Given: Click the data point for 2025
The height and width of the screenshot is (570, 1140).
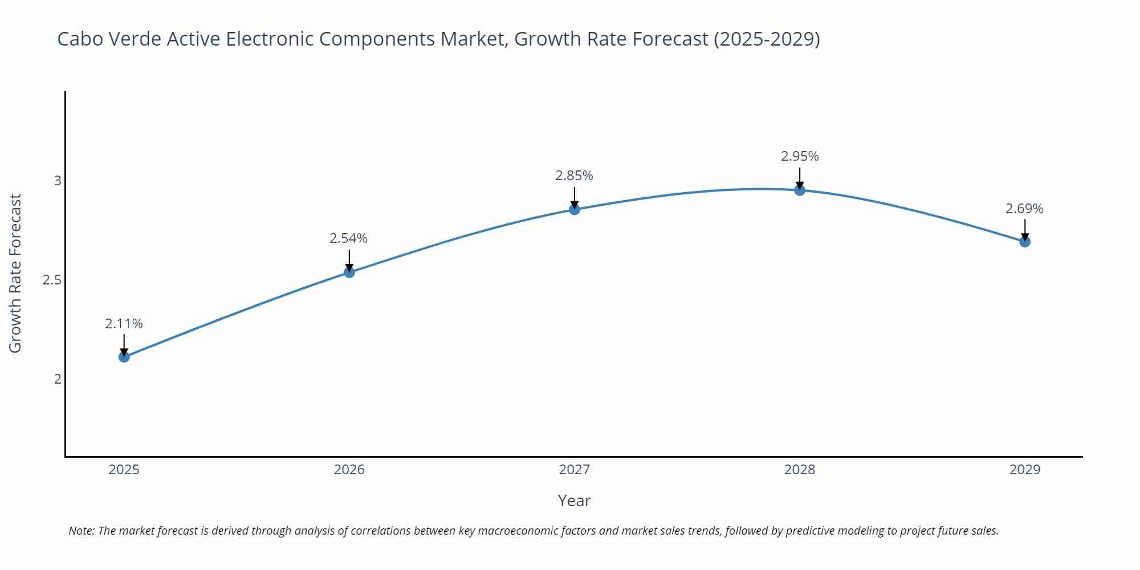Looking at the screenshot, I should point(124,357).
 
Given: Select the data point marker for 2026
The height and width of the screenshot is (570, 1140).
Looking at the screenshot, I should point(349,272).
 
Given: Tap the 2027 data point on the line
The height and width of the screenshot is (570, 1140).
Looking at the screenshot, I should point(575,210).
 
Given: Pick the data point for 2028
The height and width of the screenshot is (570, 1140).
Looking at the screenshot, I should point(800,190).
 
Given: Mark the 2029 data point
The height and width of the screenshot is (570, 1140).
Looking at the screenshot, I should point(1025,242).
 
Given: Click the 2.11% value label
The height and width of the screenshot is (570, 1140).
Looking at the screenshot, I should point(124,324).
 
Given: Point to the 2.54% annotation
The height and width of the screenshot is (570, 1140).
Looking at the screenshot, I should point(349,238).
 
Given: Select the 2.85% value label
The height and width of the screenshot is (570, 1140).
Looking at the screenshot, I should point(574,176).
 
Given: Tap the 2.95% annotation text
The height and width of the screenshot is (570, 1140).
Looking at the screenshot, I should point(800,156).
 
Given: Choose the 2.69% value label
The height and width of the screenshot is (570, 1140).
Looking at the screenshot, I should point(1024,209).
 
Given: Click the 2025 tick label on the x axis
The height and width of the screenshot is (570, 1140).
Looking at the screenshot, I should point(124,470).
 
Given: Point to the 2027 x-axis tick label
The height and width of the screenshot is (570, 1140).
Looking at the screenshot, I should point(575,470).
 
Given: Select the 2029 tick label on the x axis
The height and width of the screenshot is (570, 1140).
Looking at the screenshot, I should point(1025,470).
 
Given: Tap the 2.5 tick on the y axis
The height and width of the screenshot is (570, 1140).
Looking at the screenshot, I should point(52,280).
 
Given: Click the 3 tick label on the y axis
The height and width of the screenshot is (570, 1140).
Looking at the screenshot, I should point(57,181).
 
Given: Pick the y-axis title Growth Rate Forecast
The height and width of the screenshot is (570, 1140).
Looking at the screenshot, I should point(15,274).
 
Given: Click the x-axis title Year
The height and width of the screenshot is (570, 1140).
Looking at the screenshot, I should point(574,500).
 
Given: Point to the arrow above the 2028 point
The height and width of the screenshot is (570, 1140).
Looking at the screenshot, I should point(800,177).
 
